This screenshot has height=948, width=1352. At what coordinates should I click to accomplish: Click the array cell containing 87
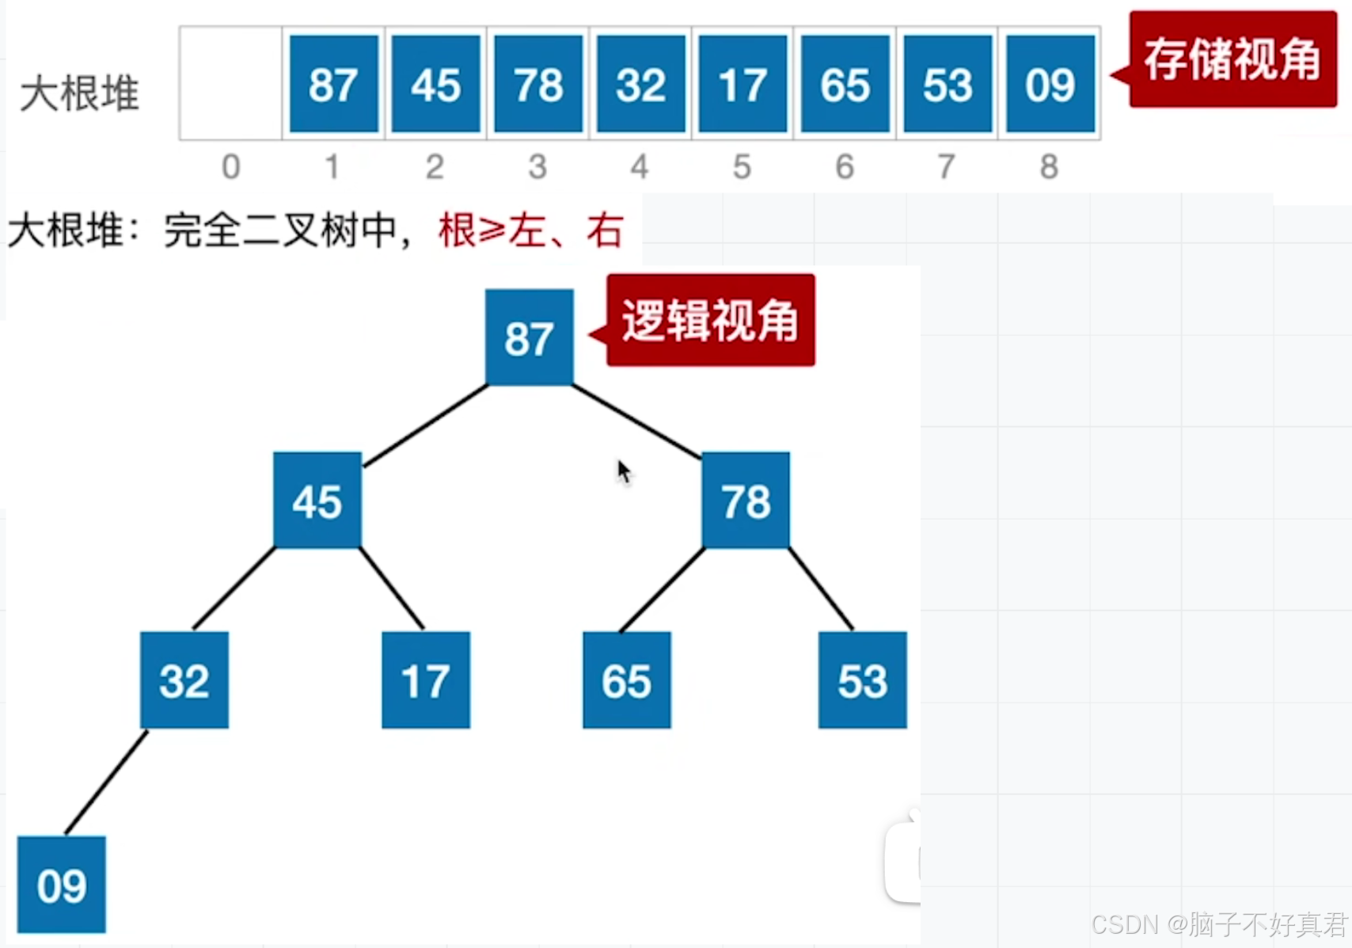333,84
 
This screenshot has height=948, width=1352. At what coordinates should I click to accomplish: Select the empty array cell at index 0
231,84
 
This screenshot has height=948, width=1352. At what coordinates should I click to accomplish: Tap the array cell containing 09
1050,84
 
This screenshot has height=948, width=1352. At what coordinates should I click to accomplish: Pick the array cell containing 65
845,84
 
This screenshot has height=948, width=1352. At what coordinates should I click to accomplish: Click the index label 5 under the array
742,167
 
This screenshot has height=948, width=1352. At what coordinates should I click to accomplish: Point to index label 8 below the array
1049,167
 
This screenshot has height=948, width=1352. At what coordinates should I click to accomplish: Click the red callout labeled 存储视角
1232,59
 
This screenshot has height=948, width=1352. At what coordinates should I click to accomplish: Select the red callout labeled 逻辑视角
710,320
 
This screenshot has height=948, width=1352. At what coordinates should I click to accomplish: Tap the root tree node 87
529,337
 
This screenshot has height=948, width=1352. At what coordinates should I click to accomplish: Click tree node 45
317,501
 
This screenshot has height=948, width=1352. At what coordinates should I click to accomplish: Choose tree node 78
746,501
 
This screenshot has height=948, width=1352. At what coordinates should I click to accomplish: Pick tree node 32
184,680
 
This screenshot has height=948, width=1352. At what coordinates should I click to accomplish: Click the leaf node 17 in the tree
426,680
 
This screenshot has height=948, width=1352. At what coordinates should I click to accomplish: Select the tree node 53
862,680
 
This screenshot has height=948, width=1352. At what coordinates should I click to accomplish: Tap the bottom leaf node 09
62,885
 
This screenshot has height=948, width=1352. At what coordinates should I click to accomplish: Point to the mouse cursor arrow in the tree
624,471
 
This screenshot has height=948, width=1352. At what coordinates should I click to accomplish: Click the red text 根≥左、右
531,230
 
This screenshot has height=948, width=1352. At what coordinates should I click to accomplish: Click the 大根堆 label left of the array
79,93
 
